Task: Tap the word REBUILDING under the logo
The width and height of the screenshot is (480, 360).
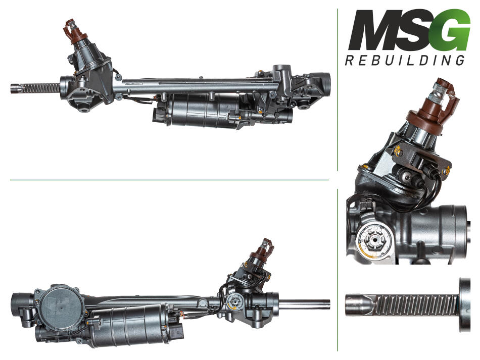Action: pyautogui.click(x=405, y=60)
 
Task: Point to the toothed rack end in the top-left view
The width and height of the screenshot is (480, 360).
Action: pyautogui.click(x=35, y=88)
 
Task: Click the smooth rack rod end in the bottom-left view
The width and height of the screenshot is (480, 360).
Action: pyautogui.click(x=305, y=304)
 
